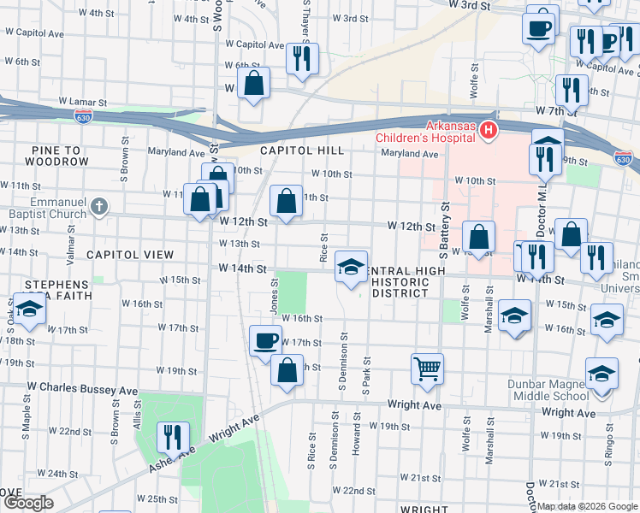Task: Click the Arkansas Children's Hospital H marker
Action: tap(489, 130)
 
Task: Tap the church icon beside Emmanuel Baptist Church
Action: tap(100, 206)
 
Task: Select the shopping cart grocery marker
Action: tap(427, 369)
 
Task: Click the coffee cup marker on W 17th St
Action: tap(265, 341)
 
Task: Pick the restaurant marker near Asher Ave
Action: tap(174, 437)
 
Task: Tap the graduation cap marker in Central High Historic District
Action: tap(351, 267)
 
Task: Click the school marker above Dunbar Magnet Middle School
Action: tap(601, 374)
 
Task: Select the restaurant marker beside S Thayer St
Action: tap(302, 58)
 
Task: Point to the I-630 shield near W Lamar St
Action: tap(83, 115)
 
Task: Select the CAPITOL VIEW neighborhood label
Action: tap(130, 255)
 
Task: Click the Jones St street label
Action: tap(275, 293)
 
